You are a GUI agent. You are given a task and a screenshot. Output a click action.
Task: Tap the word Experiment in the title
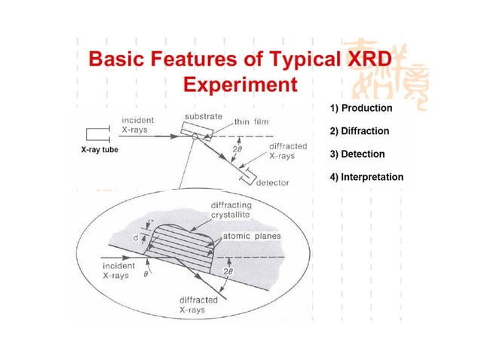(x=237, y=83)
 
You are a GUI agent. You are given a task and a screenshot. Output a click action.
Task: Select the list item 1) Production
(x=360, y=108)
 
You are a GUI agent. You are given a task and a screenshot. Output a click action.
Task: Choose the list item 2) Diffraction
(x=360, y=131)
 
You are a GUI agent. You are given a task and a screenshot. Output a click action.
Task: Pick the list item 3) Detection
(x=357, y=154)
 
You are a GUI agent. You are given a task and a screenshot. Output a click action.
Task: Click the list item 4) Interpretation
(x=366, y=178)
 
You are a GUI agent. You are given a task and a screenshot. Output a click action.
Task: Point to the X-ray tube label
(x=105, y=150)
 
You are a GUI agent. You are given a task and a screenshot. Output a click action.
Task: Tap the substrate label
(x=203, y=117)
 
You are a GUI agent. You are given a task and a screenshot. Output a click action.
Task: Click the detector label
(x=274, y=182)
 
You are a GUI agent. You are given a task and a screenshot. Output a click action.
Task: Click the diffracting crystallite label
(x=231, y=210)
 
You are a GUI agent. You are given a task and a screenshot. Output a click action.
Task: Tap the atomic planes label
(x=252, y=236)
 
